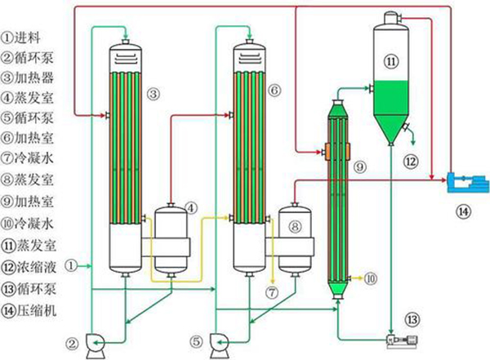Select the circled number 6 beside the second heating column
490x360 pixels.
[274, 87]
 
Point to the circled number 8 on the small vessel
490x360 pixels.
[296, 224]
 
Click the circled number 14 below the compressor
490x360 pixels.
[463, 211]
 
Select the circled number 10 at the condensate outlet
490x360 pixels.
[372, 279]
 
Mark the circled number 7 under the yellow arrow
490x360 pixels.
[273, 291]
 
